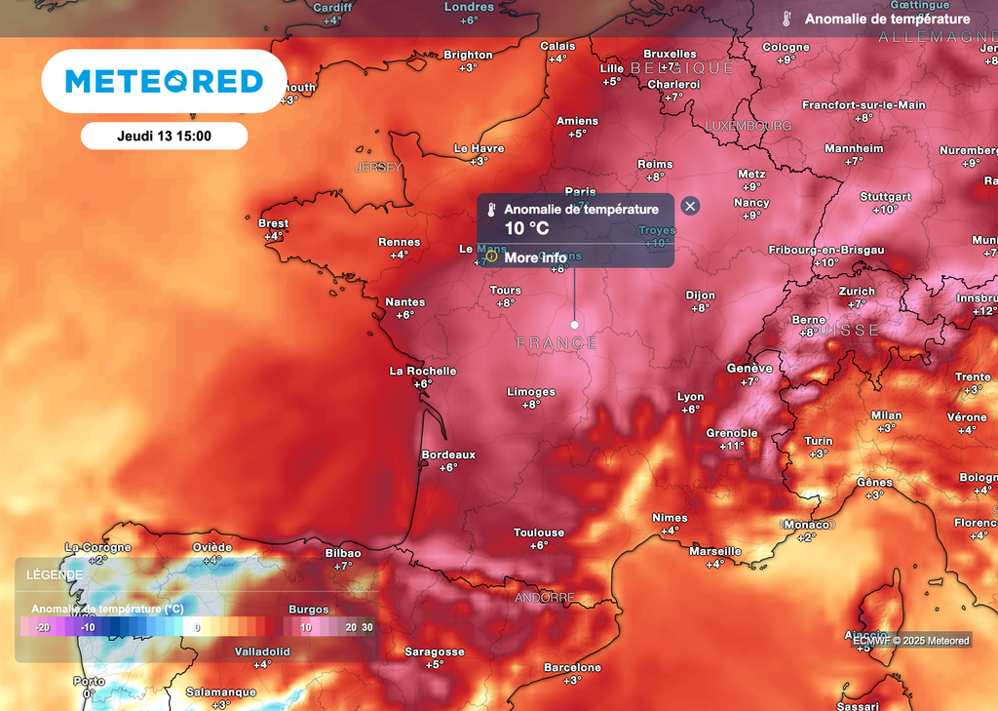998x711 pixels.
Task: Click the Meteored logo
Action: tap(164, 81)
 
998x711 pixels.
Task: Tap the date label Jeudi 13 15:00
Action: tap(164, 137)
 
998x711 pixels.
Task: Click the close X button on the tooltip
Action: tap(690, 206)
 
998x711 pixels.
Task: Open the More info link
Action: tap(535, 257)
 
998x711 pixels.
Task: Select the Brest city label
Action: tap(273, 223)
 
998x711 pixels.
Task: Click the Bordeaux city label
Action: tap(448, 454)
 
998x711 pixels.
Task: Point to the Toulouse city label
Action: tap(539, 533)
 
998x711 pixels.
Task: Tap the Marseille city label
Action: tap(715, 551)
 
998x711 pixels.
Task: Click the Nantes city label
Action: tap(404, 302)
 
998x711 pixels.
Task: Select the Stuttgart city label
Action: tap(885, 197)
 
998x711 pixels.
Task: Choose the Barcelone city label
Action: tap(572, 668)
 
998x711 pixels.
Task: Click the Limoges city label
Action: tap(531, 392)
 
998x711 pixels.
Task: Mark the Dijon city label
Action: tap(700, 295)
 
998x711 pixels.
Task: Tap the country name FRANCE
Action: tap(557, 342)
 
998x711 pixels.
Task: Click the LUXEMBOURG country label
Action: tap(748, 126)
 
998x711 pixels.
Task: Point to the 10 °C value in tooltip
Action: tap(526, 228)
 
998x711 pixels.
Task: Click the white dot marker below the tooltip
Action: tap(575, 324)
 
